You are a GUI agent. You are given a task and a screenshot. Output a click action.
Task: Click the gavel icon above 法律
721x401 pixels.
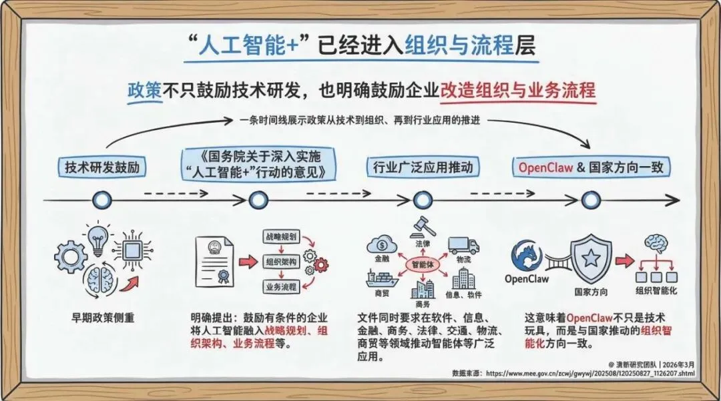click(424, 227)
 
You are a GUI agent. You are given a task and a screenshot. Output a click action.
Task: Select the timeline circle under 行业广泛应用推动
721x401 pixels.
click(422, 199)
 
